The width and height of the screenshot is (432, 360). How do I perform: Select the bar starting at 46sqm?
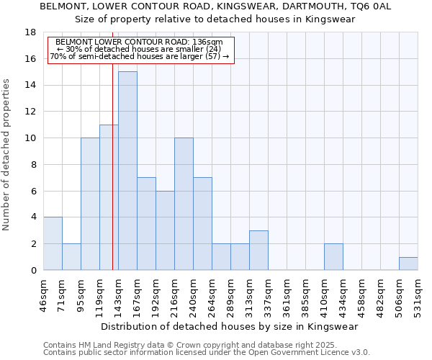click(x=53, y=243)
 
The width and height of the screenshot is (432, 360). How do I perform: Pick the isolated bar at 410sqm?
click(x=333, y=257)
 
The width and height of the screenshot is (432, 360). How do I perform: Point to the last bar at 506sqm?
click(x=408, y=264)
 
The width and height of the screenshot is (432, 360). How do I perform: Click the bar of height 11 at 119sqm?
click(x=109, y=197)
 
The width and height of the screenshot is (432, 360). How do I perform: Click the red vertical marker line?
click(x=113, y=180)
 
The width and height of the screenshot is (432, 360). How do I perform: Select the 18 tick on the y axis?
click(x=30, y=32)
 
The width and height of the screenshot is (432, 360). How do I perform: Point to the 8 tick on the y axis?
click(x=33, y=164)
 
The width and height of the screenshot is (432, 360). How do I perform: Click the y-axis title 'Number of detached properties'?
click(x=6, y=155)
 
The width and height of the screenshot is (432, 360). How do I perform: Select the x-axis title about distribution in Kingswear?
click(x=230, y=326)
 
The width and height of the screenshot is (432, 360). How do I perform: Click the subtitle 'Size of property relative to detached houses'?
click(x=215, y=19)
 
